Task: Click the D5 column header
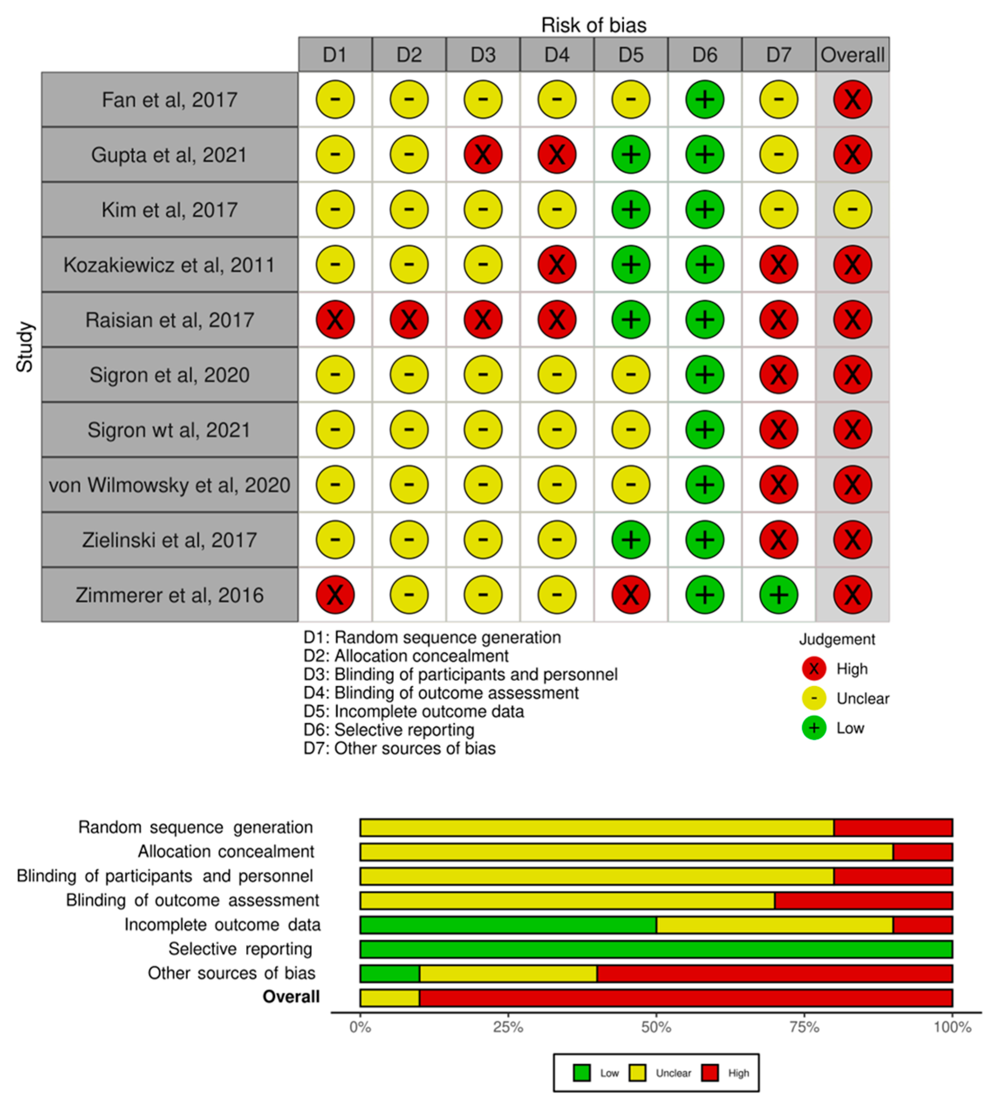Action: click(x=631, y=55)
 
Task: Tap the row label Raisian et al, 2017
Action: click(x=170, y=320)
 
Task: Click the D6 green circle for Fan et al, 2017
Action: click(x=705, y=99)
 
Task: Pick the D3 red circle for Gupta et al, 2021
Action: click(x=483, y=154)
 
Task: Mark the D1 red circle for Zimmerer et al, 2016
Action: click(x=335, y=595)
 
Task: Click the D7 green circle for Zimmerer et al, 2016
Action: click(x=778, y=595)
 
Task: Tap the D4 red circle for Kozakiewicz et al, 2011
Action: click(x=557, y=265)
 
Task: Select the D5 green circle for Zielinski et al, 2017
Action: click(x=631, y=540)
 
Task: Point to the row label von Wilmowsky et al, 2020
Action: click(x=170, y=485)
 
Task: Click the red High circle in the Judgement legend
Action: click(x=814, y=669)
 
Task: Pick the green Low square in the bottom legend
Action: click(x=582, y=1072)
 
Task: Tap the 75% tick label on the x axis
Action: click(x=804, y=1027)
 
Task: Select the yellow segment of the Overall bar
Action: click(x=390, y=997)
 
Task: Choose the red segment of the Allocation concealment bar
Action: click(x=922, y=852)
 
